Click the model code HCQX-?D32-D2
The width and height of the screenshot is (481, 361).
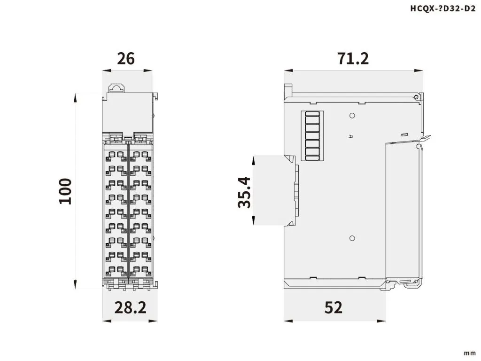(x=439, y=8)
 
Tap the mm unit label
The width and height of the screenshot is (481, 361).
(x=469, y=353)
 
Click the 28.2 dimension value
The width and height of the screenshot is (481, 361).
(x=131, y=307)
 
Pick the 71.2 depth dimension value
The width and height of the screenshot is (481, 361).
(x=353, y=58)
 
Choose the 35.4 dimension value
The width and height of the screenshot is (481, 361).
(x=245, y=192)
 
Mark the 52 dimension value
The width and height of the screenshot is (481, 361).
(x=334, y=307)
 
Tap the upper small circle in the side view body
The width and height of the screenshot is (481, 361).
(x=352, y=115)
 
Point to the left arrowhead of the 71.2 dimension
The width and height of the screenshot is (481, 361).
(x=288, y=71)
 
